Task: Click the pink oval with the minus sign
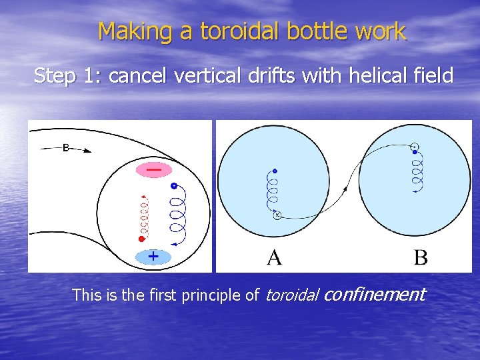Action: pos(153,170)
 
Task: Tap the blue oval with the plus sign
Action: pos(153,256)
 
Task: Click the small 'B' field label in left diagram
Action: pos(66,148)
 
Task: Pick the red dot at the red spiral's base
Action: pos(141,238)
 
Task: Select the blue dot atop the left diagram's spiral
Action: pos(174,185)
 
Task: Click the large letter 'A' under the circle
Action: pos(274,257)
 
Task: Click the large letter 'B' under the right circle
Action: pos(421,257)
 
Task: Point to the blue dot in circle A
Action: pos(274,171)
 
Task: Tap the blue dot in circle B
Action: pos(415,153)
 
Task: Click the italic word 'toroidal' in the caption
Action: pos(292,295)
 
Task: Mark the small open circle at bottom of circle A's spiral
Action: pos(277,215)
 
